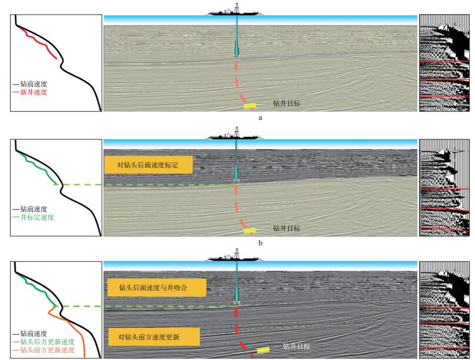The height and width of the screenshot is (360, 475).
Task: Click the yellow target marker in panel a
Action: (x=251, y=106)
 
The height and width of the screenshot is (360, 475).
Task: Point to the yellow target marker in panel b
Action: (x=250, y=230)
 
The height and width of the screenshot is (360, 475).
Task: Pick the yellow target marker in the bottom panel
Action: (x=263, y=350)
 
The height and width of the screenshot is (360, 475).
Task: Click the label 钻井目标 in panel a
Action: (x=287, y=103)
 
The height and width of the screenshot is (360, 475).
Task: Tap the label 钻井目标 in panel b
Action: (x=287, y=228)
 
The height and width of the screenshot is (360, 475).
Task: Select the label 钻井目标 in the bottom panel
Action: (x=296, y=346)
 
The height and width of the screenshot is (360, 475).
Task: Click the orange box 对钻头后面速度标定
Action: (x=148, y=165)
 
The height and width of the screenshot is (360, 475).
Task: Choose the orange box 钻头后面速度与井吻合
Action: (x=156, y=287)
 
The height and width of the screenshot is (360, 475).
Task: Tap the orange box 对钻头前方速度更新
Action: (x=153, y=337)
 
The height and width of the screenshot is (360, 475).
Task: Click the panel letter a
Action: (x=260, y=117)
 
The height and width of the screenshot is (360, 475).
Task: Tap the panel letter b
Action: (x=260, y=242)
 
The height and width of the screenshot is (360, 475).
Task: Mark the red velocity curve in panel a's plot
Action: (x=41, y=43)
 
